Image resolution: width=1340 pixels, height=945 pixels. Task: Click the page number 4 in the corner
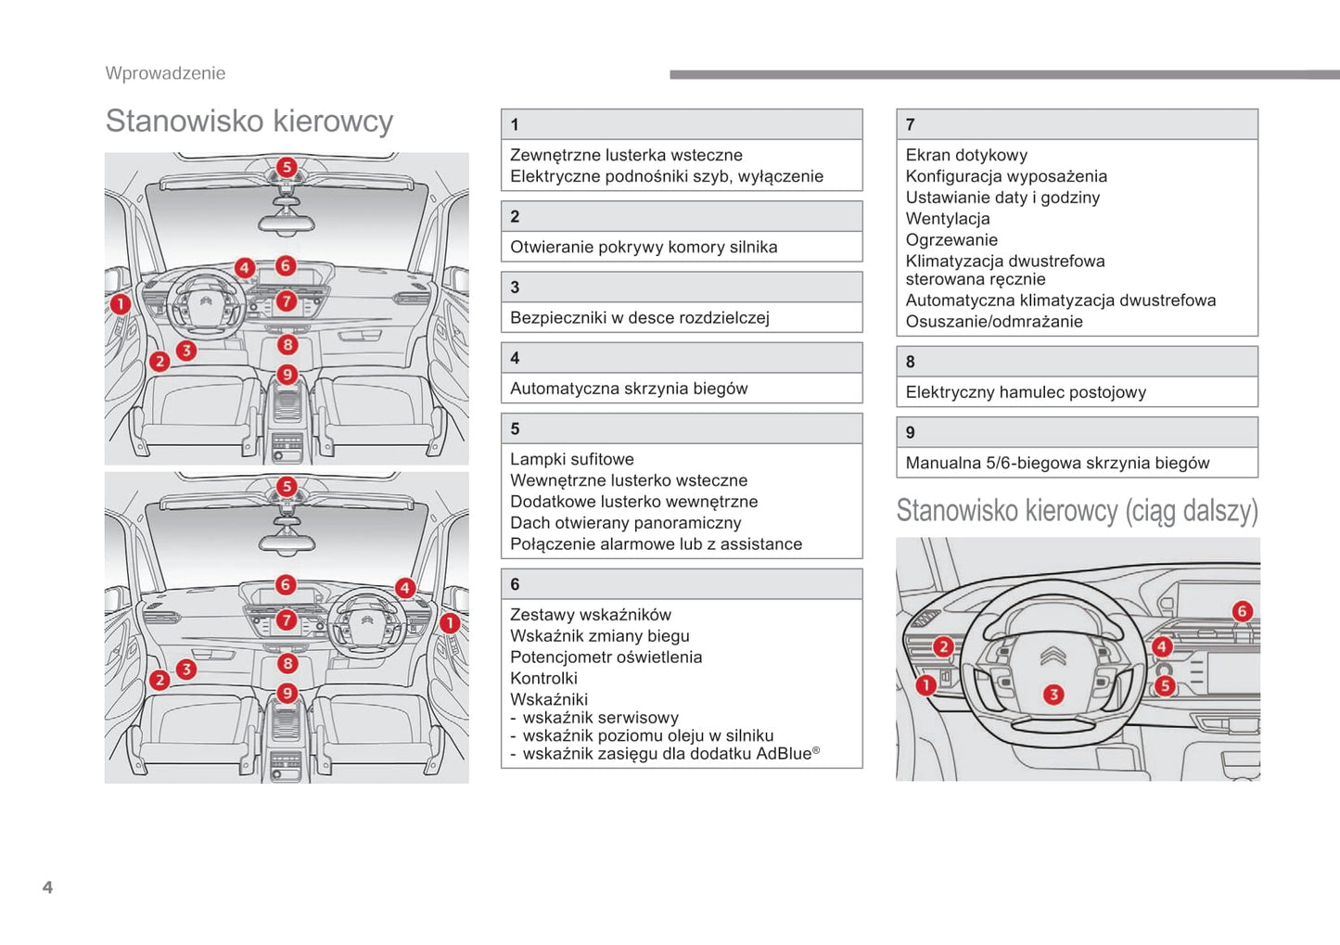(x=47, y=888)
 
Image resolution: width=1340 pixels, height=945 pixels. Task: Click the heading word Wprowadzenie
(x=165, y=73)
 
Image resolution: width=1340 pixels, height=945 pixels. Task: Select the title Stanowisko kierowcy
(x=249, y=121)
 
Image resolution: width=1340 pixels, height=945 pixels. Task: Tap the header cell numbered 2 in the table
(x=682, y=216)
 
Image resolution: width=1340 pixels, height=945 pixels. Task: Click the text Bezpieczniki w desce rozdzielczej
(x=640, y=318)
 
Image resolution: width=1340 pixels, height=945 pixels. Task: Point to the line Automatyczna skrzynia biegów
(x=629, y=389)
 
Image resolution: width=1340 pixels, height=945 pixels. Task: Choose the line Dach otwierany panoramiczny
(x=626, y=523)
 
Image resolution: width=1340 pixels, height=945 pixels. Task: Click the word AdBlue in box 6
(x=784, y=754)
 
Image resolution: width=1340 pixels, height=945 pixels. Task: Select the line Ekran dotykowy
(x=966, y=155)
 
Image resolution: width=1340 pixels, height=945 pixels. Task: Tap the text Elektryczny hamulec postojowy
(x=1026, y=392)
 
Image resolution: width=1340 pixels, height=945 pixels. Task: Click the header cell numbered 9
(x=1077, y=432)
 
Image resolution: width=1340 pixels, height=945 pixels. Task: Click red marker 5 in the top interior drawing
(x=287, y=167)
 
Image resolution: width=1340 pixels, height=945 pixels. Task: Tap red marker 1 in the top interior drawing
(x=121, y=303)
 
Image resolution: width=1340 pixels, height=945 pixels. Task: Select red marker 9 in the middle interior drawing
(x=287, y=693)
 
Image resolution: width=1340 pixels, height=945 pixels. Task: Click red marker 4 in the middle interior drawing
(x=404, y=587)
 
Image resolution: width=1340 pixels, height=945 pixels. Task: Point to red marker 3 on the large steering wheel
(x=1053, y=695)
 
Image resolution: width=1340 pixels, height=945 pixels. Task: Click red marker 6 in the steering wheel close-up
(x=1242, y=611)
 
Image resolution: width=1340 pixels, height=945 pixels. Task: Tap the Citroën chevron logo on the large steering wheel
(x=1053, y=657)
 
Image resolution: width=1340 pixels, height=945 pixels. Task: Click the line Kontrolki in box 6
(x=543, y=679)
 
